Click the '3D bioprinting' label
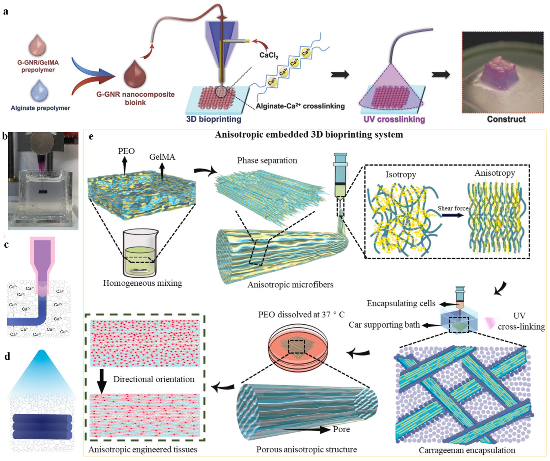click(213, 119)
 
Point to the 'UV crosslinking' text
click(394, 119)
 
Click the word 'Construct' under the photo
click(506, 119)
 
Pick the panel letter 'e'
click(91, 136)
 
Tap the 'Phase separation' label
click(267, 160)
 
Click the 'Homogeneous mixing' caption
click(142, 283)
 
